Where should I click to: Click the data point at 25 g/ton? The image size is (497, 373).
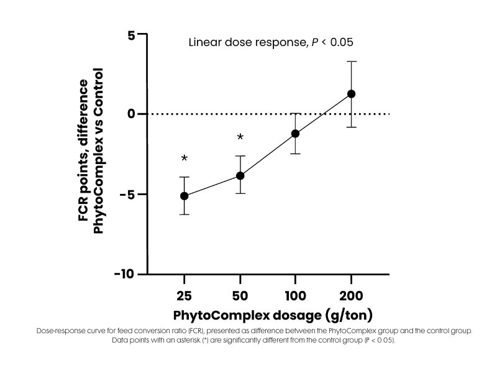tap(184, 196)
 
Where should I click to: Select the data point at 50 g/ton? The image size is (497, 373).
tap(240, 176)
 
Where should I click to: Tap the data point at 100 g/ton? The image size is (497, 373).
tap(295, 134)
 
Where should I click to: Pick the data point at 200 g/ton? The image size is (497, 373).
tap(351, 94)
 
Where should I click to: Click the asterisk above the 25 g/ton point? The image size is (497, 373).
tap(185, 159)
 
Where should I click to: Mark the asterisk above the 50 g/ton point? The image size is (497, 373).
tap(240, 137)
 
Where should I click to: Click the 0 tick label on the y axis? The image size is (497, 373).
tap(132, 114)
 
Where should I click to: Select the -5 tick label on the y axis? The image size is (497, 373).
tap(129, 194)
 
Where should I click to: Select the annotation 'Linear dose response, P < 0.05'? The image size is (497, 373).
tap(271, 42)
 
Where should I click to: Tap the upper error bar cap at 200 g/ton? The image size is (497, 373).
tap(351, 62)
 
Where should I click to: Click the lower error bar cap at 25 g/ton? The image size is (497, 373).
tap(184, 214)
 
